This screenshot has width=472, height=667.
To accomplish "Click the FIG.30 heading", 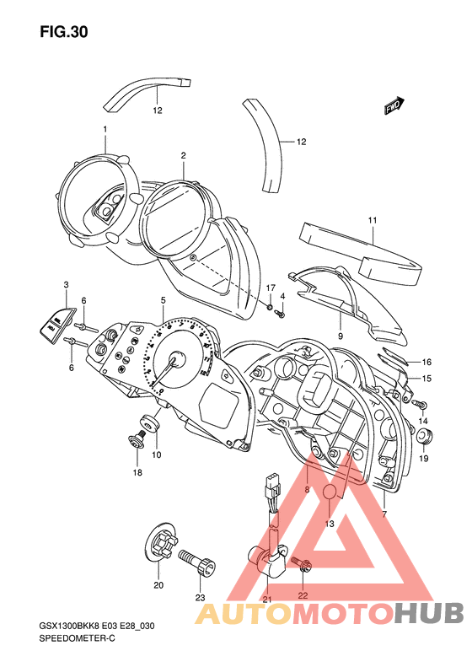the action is click(64, 32).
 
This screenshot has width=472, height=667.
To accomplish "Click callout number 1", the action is click(105, 129).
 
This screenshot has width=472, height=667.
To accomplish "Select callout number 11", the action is click(373, 220).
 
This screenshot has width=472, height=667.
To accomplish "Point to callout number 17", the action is click(271, 288).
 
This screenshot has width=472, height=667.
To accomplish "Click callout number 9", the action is click(341, 336).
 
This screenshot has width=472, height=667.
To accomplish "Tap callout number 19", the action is click(423, 459).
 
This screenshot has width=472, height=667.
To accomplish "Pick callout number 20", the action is click(158, 585).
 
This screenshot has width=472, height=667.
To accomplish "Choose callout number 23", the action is click(201, 598).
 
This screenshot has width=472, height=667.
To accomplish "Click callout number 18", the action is click(137, 472).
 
